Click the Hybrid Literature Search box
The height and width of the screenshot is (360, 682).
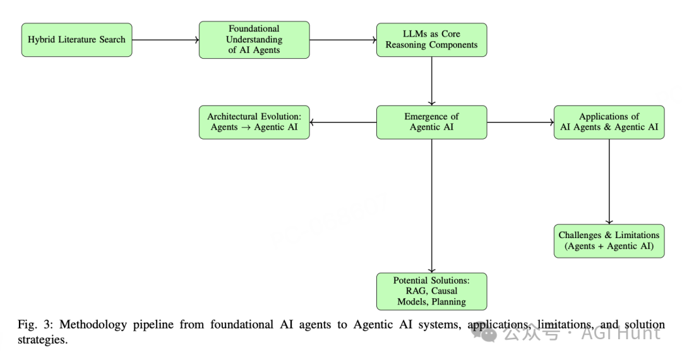[x=76, y=40]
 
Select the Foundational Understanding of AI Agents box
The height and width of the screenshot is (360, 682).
[x=254, y=40]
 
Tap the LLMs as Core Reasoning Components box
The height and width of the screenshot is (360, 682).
[x=431, y=40]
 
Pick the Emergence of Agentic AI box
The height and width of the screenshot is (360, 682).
[x=431, y=122]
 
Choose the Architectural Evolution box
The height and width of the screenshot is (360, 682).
[x=254, y=122]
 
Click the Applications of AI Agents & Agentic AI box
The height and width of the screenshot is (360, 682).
[x=609, y=122]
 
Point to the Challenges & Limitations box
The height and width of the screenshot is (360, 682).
[x=609, y=241]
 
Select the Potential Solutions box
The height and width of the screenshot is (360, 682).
[x=431, y=291]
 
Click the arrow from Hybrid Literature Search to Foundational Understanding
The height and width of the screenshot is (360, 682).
[x=165, y=40]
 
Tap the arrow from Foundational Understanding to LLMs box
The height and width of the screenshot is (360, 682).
[x=343, y=40]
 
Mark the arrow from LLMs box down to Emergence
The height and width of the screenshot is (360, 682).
[x=431, y=81]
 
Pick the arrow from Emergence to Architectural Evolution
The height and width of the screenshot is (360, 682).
[x=343, y=123]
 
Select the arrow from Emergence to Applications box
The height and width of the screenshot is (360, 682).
[x=520, y=123]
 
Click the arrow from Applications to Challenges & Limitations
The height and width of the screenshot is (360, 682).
[x=609, y=182]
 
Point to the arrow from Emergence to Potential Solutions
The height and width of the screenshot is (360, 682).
[x=431, y=206]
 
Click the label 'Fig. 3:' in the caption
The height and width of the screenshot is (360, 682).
[x=35, y=325]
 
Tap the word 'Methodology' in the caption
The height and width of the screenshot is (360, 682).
[x=93, y=325]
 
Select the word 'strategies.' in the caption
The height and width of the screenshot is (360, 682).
[x=43, y=340]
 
